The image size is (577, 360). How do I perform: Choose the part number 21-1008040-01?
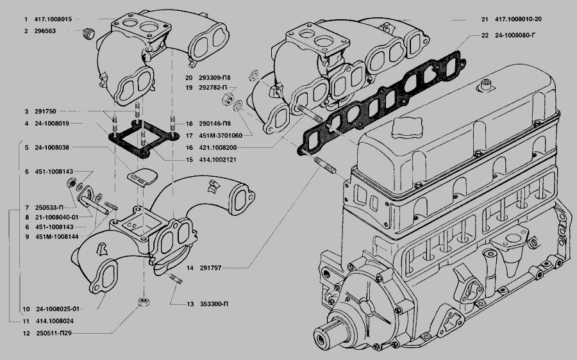57,218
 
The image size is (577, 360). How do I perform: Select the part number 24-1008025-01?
57,308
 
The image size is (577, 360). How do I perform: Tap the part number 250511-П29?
53,334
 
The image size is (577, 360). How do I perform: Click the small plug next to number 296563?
89,33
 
